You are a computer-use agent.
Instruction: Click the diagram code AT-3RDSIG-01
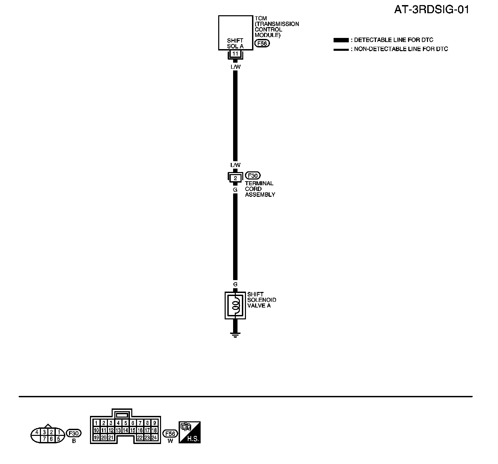click(432, 9)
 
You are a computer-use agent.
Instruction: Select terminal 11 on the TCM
click(235, 54)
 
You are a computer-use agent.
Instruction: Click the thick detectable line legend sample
click(341, 40)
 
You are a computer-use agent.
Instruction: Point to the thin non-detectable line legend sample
click(341, 49)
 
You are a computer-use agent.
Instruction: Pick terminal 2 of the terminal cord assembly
click(235, 178)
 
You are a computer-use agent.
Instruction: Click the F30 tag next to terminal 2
click(253, 176)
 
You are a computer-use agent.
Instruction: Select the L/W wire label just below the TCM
click(235, 67)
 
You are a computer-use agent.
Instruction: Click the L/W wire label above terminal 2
click(235, 165)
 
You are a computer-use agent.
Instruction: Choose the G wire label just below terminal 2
click(235, 190)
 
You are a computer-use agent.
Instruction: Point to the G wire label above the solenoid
click(235, 284)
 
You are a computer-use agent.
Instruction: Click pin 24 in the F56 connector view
click(154, 438)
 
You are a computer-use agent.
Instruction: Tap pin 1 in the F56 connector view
click(96, 423)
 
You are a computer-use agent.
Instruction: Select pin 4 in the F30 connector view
click(37, 432)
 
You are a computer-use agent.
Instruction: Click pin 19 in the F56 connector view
click(96, 438)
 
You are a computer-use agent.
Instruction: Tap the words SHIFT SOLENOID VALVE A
click(261, 300)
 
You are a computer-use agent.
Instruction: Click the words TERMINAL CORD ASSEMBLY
click(260, 189)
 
